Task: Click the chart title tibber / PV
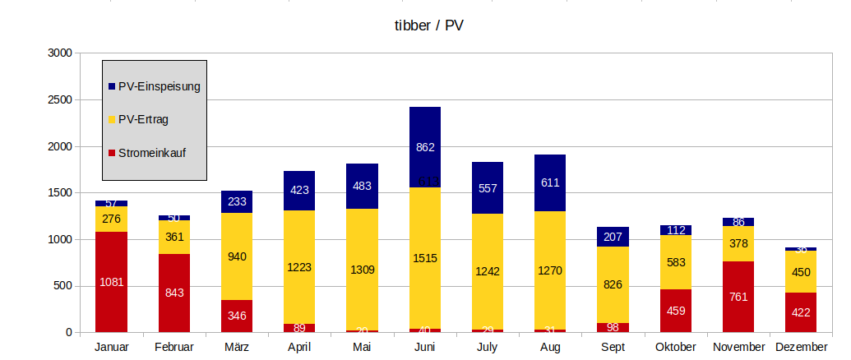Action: click(x=428, y=25)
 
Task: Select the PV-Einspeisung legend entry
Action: click(x=159, y=85)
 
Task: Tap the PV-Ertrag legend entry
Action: click(x=143, y=119)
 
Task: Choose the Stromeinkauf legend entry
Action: click(x=152, y=153)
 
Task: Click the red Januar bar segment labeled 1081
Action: click(x=111, y=282)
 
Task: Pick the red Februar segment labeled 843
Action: click(x=173, y=292)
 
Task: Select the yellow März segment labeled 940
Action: click(x=237, y=256)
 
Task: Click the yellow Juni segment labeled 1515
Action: click(x=425, y=258)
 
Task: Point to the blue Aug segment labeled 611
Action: click(x=550, y=182)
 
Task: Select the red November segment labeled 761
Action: click(x=738, y=297)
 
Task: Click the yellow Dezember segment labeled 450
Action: click(x=802, y=272)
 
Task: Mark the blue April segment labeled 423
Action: click(x=299, y=191)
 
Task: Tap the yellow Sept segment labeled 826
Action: click(x=613, y=284)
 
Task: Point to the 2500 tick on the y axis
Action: click(x=61, y=100)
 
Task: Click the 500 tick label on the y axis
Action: click(x=64, y=286)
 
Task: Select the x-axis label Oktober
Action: click(x=676, y=348)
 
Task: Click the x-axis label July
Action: click(x=488, y=348)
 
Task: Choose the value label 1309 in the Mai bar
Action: click(x=362, y=270)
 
